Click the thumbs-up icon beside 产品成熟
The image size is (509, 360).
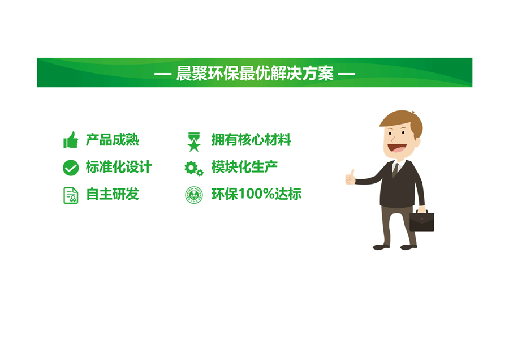click(71, 140)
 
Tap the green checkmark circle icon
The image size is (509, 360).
click(71, 168)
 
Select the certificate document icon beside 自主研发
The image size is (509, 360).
click(71, 195)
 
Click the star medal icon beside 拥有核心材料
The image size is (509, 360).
click(194, 142)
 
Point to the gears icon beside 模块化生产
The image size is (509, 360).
click(194, 169)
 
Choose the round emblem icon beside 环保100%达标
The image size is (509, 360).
click(194, 195)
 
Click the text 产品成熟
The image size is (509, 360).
click(113, 140)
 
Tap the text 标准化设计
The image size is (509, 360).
click(119, 167)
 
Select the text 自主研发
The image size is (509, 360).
click(113, 194)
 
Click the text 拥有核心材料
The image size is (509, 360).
click(251, 140)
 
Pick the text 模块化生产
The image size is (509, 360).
click(244, 167)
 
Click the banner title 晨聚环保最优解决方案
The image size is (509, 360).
click(255, 73)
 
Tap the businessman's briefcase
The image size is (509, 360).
click(422, 221)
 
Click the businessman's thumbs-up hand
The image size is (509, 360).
click(350, 177)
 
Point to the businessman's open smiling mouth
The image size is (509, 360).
click(396, 148)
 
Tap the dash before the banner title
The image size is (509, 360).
click(163, 74)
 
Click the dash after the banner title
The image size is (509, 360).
click(347, 74)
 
